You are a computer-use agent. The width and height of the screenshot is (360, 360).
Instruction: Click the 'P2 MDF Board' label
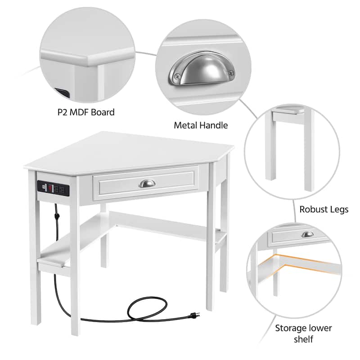(86, 112)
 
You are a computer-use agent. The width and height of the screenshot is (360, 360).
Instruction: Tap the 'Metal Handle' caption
(201, 125)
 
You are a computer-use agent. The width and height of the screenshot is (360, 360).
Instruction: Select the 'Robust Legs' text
(324, 210)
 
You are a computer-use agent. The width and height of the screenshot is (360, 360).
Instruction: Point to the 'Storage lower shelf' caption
(303, 333)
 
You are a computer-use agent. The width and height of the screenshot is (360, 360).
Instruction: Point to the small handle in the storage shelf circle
(307, 234)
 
